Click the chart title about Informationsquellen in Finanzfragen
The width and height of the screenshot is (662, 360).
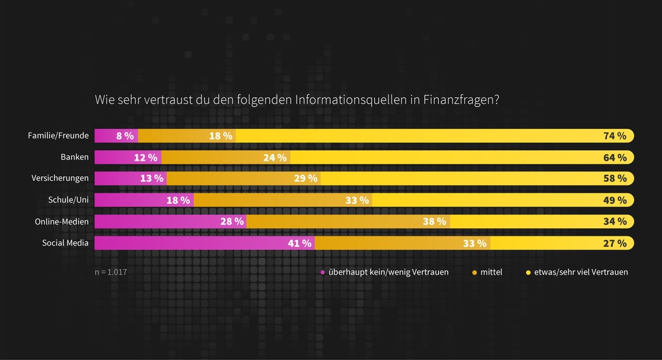(x=297, y=101)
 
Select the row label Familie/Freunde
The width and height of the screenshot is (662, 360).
(x=58, y=136)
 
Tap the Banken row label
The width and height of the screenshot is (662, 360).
(x=74, y=157)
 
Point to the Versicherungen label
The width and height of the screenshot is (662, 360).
(x=60, y=179)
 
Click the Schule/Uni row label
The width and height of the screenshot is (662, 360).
(x=69, y=200)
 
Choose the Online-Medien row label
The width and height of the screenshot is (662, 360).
(x=62, y=221)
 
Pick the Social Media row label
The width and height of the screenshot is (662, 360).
(x=66, y=243)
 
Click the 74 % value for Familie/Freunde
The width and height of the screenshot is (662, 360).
(x=614, y=136)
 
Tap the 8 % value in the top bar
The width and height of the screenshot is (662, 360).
(x=125, y=136)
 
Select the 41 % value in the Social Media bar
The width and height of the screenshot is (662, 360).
(x=299, y=243)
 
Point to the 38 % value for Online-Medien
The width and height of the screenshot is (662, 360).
(x=434, y=222)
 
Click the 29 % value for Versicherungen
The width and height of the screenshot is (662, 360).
(x=305, y=179)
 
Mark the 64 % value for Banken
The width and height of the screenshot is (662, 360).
(x=614, y=157)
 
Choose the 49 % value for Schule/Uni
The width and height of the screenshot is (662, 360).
(x=614, y=200)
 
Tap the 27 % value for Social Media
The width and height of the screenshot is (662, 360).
(x=614, y=243)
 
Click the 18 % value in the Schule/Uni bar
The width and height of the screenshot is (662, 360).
(x=178, y=200)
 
